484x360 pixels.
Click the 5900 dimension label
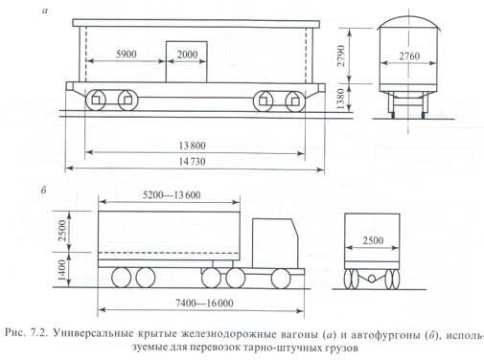pos(127,54)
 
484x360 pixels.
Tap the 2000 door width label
pos(187,55)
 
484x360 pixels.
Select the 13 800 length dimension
pos(192,146)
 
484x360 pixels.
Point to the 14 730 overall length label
pos(192,162)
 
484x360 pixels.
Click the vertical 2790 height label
pos(341,56)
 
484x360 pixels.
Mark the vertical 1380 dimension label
pos(341,99)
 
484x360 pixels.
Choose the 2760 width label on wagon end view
pos(409,56)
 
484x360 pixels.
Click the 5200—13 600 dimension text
pos(172,194)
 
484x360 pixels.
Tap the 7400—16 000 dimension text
pos(204,303)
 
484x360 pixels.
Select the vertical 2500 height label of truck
pos(62,231)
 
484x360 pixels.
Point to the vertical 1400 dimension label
pos(62,270)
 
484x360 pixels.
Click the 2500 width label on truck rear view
pos(373,240)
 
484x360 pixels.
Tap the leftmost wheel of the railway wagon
pos(96,101)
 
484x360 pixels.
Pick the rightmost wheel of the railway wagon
pos(295,101)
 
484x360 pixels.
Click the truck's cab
pos(275,243)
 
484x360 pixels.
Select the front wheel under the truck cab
pos(281,279)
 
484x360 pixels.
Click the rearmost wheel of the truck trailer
pos(122,278)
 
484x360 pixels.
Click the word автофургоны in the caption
pos(385,334)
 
